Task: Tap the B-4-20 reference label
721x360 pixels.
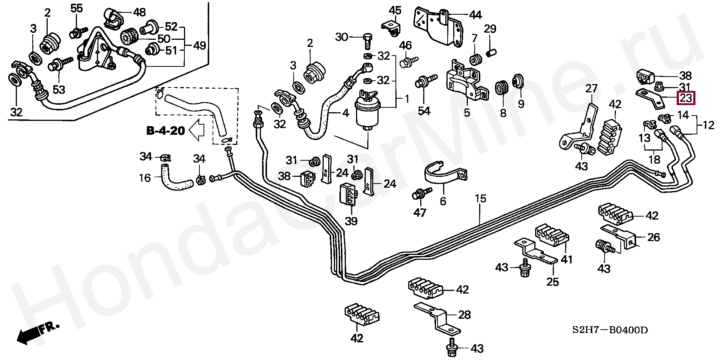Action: click(165, 131)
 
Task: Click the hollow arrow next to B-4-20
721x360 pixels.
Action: click(196, 130)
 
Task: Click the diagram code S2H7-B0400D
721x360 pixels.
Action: click(610, 330)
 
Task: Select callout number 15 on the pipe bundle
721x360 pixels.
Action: click(480, 198)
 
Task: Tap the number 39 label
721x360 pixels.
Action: click(351, 221)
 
